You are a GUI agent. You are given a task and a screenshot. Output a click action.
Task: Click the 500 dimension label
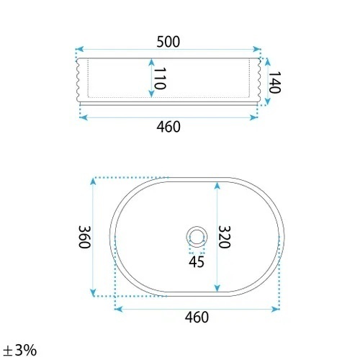(x=168, y=42)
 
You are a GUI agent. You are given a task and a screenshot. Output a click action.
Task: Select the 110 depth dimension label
(x=160, y=78)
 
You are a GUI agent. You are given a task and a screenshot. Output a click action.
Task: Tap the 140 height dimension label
(x=274, y=82)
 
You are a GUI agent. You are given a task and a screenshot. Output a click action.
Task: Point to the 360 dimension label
(x=84, y=237)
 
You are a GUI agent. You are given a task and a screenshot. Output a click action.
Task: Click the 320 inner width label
(x=225, y=237)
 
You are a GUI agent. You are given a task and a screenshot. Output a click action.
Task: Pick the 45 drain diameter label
(x=197, y=262)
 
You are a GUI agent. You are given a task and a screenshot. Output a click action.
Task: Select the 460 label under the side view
(x=168, y=127)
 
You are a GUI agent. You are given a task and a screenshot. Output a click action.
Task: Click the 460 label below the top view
(x=197, y=318)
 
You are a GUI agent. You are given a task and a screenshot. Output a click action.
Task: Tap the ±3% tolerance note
(x=20, y=350)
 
